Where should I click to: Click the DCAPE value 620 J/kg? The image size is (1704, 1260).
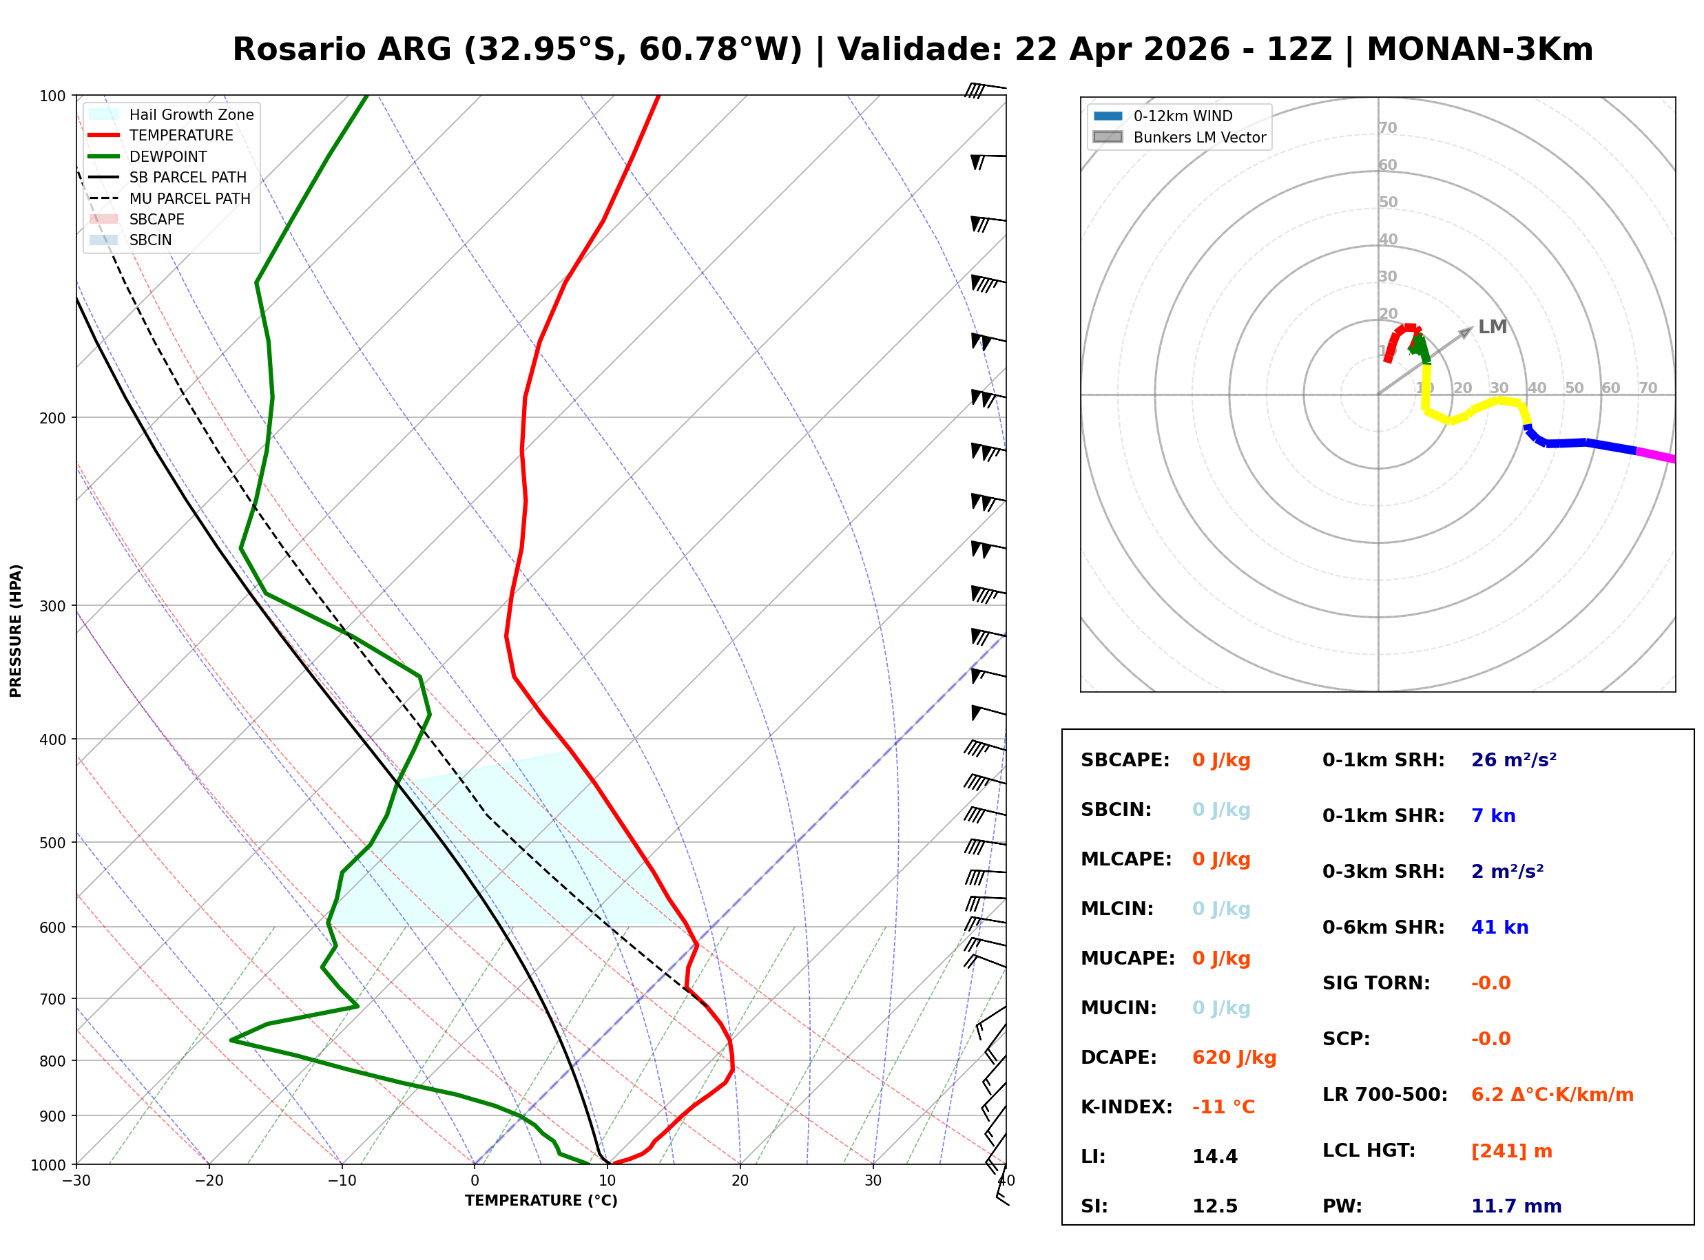1234,1058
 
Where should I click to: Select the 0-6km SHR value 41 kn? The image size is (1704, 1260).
1499,927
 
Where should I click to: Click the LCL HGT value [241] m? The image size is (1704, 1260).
1511,1151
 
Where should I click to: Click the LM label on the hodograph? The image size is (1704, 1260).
1492,327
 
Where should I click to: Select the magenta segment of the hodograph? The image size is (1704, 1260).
1655,455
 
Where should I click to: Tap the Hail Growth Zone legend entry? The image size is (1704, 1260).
191,114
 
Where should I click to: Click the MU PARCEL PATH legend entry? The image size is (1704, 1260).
189,198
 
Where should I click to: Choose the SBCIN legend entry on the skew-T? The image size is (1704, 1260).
150,240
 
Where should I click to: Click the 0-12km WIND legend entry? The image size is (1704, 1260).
1183,116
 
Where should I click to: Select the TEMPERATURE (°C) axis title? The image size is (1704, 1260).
541,1201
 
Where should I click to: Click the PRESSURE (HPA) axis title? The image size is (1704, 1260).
15,630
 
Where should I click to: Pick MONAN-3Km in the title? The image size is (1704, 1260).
1479,50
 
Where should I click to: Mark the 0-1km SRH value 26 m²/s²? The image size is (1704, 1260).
1513,760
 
